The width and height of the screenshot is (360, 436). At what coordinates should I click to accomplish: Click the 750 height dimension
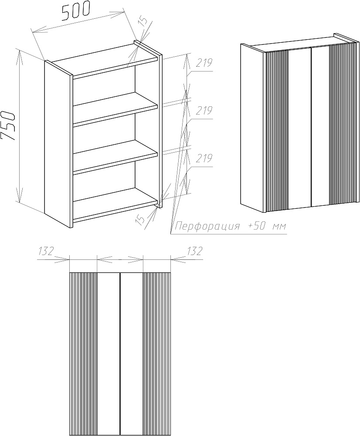pyautogui.click(x=7, y=126)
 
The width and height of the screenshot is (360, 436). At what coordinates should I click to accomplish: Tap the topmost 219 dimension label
pyautogui.click(x=204, y=63)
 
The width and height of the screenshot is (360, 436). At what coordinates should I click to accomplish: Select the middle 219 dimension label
pyautogui.click(x=204, y=111)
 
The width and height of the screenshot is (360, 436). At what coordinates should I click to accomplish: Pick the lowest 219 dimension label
pyautogui.click(x=204, y=158)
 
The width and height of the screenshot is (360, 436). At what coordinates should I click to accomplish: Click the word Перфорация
pyautogui.click(x=207, y=226)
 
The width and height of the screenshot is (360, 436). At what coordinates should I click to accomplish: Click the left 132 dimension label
pyautogui.click(x=46, y=251)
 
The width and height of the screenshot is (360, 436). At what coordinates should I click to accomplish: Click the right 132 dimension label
pyautogui.click(x=194, y=251)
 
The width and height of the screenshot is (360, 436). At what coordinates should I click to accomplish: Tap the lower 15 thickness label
pyautogui.click(x=140, y=219)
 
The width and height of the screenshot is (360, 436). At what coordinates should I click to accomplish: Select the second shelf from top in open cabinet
pyautogui.click(x=115, y=108)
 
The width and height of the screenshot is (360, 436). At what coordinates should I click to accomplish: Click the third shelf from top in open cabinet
pyautogui.click(x=115, y=156)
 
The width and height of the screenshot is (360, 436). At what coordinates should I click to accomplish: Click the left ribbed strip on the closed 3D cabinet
pyautogui.click(x=277, y=130)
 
